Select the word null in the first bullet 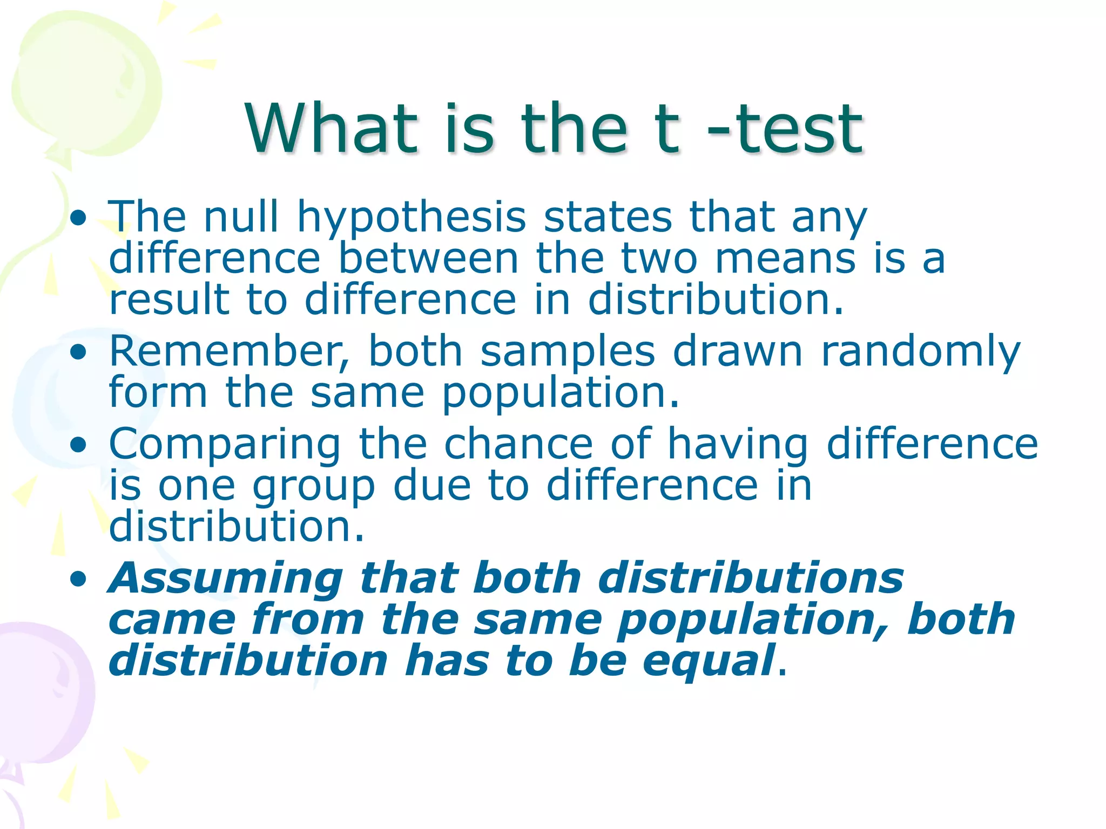pyautogui.click(x=241, y=217)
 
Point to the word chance pyautogui.click(x=518, y=444)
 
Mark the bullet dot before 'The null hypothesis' pyautogui.click(x=78, y=218)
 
